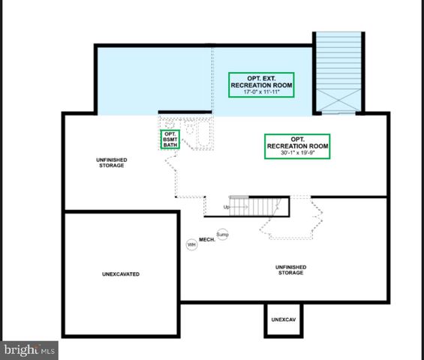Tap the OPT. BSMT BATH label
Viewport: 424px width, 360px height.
(x=170, y=140)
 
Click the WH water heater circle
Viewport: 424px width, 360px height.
(x=192, y=244)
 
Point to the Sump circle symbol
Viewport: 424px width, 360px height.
(x=222, y=235)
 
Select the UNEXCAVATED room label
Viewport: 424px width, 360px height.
(x=120, y=274)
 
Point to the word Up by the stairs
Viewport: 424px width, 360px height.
(x=226, y=207)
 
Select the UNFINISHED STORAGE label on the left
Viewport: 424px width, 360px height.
(x=110, y=163)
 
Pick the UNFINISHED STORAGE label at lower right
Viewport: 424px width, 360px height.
(x=288, y=270)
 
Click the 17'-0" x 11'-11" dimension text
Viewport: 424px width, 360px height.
(x=260, y=94)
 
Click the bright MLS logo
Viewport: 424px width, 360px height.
(x=30, y=349)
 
